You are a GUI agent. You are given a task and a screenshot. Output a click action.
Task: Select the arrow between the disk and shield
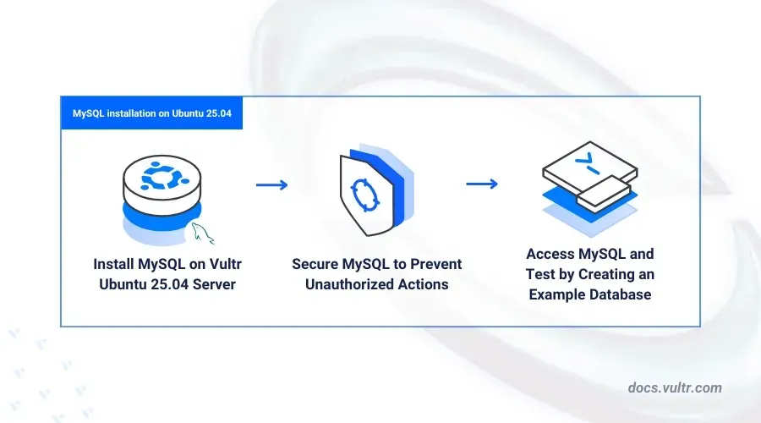coord(271,184)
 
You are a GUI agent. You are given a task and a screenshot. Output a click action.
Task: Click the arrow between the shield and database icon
coord(481,184)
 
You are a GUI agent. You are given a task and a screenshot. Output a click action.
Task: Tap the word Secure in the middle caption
coord(317,264)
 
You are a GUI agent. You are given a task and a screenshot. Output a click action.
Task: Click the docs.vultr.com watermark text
coord(674,387)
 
